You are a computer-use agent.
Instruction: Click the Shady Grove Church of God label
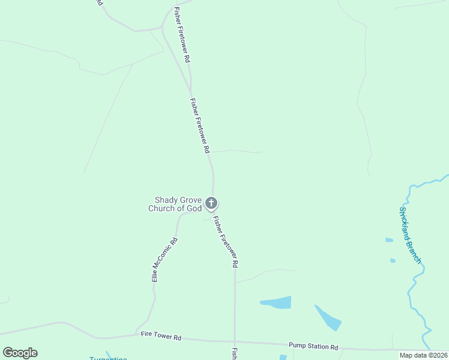click(x=175, y=205)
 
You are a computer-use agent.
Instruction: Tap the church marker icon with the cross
click(x=211, y=203)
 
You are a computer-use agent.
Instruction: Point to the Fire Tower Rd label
click(x=161, y=337)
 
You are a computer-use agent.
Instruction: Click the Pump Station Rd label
click(x=313, y=347)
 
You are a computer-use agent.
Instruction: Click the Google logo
click(x=20, y=352)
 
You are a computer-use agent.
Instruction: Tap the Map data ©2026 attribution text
click(x=423, y=355)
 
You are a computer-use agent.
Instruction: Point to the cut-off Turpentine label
click(x=108, y=358)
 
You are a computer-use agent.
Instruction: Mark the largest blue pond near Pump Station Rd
click(x=277, y=302)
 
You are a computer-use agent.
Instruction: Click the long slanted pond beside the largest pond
click(x=327, y=318)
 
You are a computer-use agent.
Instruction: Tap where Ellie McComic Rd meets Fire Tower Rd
click(x=137, y=335)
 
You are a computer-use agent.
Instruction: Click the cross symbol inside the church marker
click(x=211, y=203)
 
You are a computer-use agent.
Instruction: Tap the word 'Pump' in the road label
click(x=298, y=346)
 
